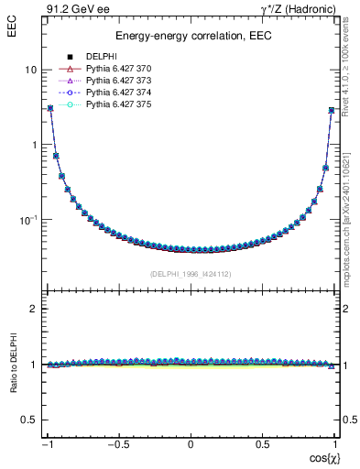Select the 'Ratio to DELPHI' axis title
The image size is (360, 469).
click(13, 364)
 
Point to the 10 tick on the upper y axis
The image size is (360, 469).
click(30, 70)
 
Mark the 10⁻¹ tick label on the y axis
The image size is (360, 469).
click(27, 220)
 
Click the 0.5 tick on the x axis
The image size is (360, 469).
click(263, 443)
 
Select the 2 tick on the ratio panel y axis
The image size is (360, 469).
click(34, 310)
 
